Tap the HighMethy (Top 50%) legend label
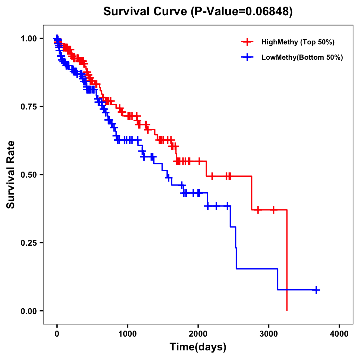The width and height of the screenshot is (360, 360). [x=298, y=42]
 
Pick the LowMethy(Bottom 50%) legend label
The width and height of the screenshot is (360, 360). [x=302, y=57]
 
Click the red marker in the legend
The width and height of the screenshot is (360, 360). [x=247, y=42]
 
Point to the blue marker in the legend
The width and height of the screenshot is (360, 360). [x=247, y=57]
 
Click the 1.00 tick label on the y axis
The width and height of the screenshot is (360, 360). [x=28, y=38]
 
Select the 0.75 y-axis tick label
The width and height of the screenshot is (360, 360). [x=28, y=106]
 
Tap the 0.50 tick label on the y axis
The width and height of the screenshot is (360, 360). [x=28, y=175]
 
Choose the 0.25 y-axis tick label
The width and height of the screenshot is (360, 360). [x=28, y=243]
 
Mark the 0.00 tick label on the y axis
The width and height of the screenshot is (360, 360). [x=28, y=311]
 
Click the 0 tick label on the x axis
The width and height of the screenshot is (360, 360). [x=57, y=334]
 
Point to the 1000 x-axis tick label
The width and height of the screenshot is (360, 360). [x=127, y=334]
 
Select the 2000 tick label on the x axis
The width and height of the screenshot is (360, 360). [x=198, y=334]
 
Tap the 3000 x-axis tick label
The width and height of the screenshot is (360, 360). [x=269, y=334]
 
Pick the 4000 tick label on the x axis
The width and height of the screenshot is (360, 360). [x=339, y=334]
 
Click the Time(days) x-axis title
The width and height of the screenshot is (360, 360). [x=198, y=347]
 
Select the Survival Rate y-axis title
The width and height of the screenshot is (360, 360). [x=11, y=175]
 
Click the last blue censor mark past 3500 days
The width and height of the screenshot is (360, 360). [x=316, y=290]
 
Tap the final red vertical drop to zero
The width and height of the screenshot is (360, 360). [x=287, y=261]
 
